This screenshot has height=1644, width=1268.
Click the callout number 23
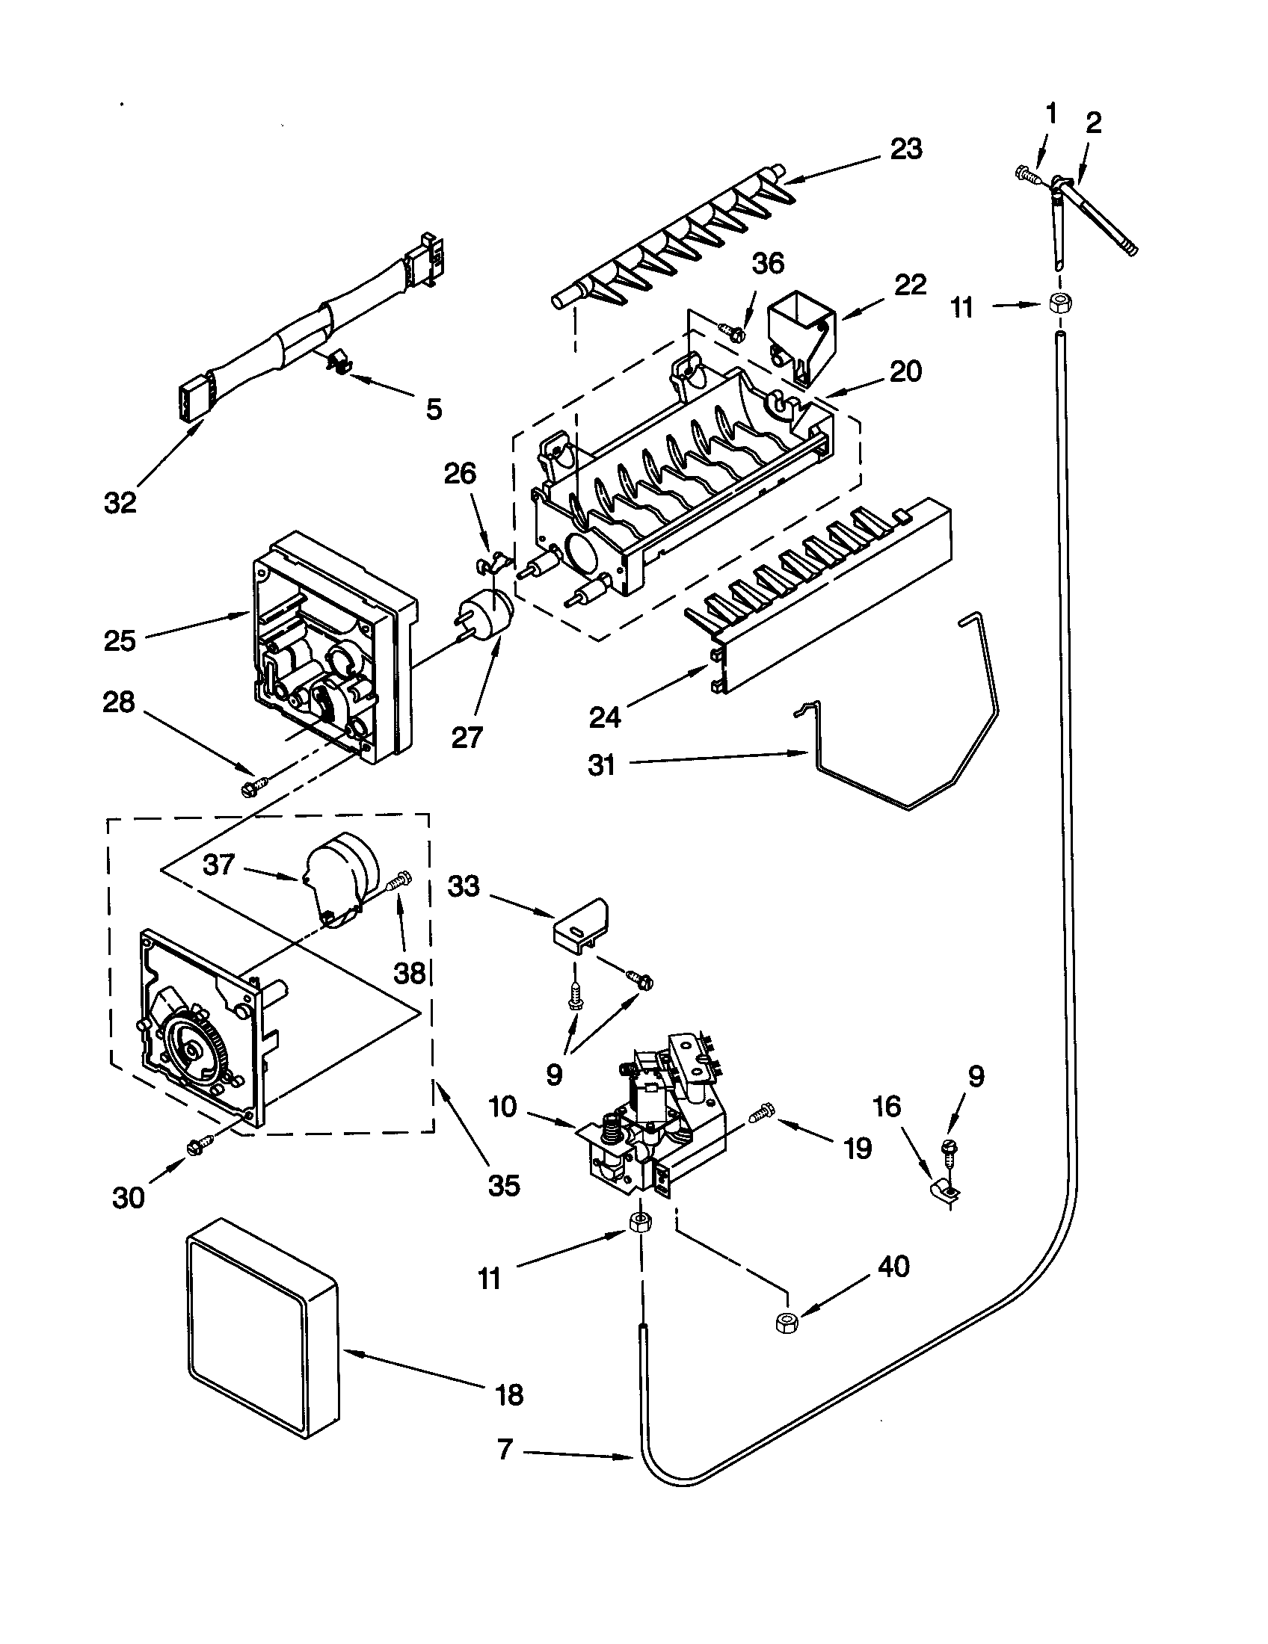(906, 149)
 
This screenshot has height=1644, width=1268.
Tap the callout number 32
(120, 502)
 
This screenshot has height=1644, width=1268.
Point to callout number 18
(510, 1395)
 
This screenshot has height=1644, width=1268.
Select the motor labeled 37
(339, 876)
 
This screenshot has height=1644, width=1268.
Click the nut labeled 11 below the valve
(639, 1222)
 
